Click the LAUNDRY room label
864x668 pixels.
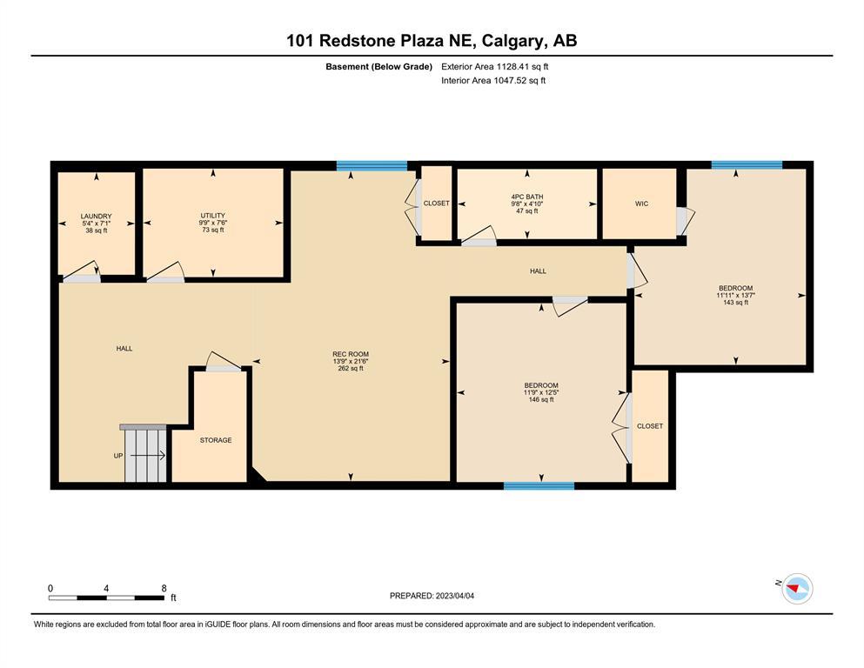coord(96,217)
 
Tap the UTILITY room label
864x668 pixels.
coord(212,216)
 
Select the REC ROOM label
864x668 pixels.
coord(351,354)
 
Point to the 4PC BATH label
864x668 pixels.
coord(527,197)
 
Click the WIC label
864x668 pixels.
coord(641,204)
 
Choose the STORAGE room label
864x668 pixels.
coord(216,440)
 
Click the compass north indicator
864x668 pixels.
coord(797,589)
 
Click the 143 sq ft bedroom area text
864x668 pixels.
coord(735,303)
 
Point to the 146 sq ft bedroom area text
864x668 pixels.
coord(541,400)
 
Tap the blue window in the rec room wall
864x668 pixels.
coord(372,166)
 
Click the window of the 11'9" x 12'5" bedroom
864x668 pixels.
coord(539,485)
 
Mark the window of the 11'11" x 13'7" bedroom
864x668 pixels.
coord(747,164)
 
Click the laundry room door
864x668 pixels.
coord(81,272)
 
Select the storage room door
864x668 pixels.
coord(224,362)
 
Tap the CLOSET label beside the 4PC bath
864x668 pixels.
coord(437,204)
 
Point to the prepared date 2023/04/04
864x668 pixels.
coord(454,596)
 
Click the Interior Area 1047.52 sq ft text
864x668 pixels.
coord(493,80)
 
